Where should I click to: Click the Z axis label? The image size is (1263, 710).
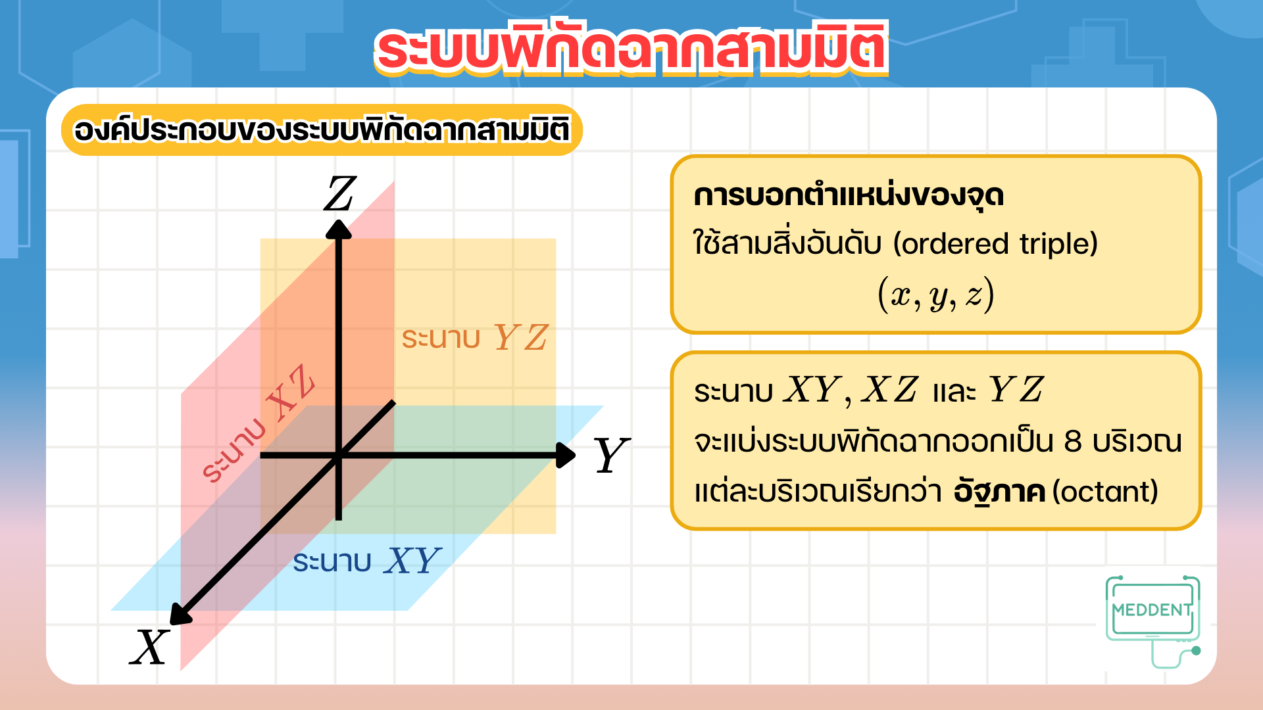(x=340, y=194)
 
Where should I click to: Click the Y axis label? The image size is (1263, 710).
(x=612, y=455)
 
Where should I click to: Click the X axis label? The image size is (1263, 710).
(x=150, y=648)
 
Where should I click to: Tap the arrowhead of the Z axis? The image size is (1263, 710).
(x=339, y=228)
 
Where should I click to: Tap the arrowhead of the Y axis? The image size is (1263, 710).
(x=566, y=455)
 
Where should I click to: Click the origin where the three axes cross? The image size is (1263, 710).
(x=339, y=455)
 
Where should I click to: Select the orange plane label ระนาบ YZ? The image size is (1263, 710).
(x=474, y=338)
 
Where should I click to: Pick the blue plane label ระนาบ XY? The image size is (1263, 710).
(x=367, y=561)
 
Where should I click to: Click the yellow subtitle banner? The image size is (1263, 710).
(x=322, y=130)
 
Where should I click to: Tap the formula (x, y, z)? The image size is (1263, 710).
(x=936, y=295)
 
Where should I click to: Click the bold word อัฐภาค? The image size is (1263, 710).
(x=1000, y=492)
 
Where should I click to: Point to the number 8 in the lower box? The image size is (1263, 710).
(x=1073, y=442)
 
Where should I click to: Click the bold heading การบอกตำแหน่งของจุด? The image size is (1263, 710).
(x=849, y=196)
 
